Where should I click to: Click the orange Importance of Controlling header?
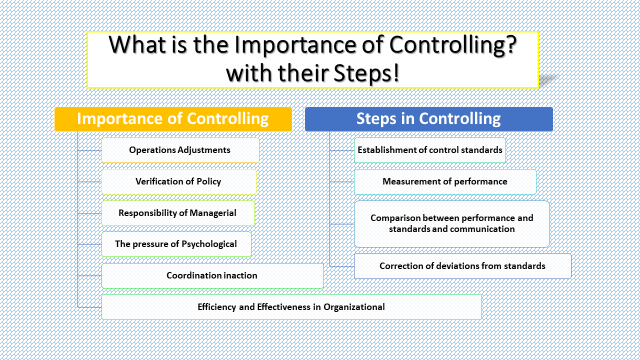pyautogui.click(x=173, y=119)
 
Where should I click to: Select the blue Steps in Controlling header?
pyautogui.click(x=428, y=119)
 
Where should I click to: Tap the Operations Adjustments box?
pyautogui.click(x=180, y=150)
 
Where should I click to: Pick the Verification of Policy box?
pyautogui.click(x=178, y=181)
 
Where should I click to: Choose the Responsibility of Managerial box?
pyautogui.click(x=177, y=213)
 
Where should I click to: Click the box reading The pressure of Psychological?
pyautogui.click(x=176, y=244)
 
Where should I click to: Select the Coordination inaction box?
pyautogui.click(x=212, y=275)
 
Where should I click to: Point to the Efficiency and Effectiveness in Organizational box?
pyautogui.click(x=291, y=307)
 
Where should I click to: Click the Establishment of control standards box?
pyautogui.click(x=429, y=150)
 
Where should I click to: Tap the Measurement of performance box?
pyautogui.click(x=444, y=181)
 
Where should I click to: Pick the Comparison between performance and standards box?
pyautogui.click(x=451, y=223)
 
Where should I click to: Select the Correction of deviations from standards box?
pyautogui.click(x=462, y=266)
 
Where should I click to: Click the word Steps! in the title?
pyautogui.click(x=364, y=73)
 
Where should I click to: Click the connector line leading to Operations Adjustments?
pyautogui.click(x=90, y=150)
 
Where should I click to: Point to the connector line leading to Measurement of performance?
pyautogui.click(x=342, y=182)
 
